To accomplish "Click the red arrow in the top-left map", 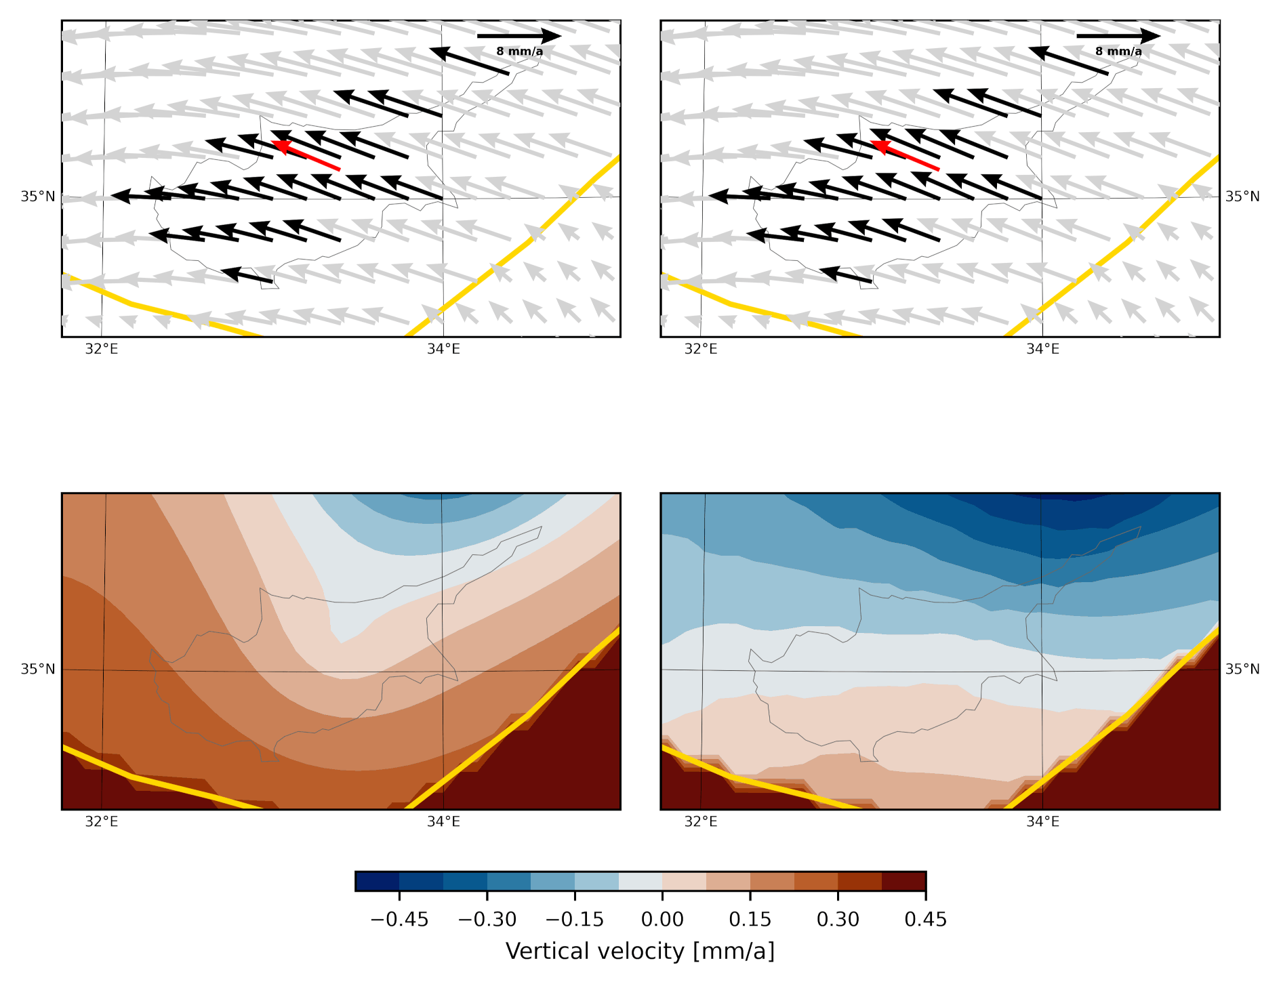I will [306, 155].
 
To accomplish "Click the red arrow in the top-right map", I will [905, 155].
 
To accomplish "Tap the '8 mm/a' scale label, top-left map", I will [519, 52].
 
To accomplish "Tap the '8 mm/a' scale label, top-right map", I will [1118, 52].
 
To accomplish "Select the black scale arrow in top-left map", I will [519, 36].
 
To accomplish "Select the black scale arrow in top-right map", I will [1118, 36].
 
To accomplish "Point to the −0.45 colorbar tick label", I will [399, 920].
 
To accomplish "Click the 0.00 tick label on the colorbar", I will [662, 920].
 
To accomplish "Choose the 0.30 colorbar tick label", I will [838, 920].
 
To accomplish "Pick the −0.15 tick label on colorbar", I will [575, 920].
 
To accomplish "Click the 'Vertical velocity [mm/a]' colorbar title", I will [640, 951].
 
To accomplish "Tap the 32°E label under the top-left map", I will [102, 349].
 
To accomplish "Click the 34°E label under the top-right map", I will [1042, 349].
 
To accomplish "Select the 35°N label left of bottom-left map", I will [38, 670].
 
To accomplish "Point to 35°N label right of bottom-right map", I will [1242, 670].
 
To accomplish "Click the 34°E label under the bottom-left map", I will [443, 822].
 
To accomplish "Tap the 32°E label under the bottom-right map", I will [701, 822].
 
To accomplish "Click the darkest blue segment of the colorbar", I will [377, 881].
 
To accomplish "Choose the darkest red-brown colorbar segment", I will [903, 881].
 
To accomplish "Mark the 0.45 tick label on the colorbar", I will [925, 920].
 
